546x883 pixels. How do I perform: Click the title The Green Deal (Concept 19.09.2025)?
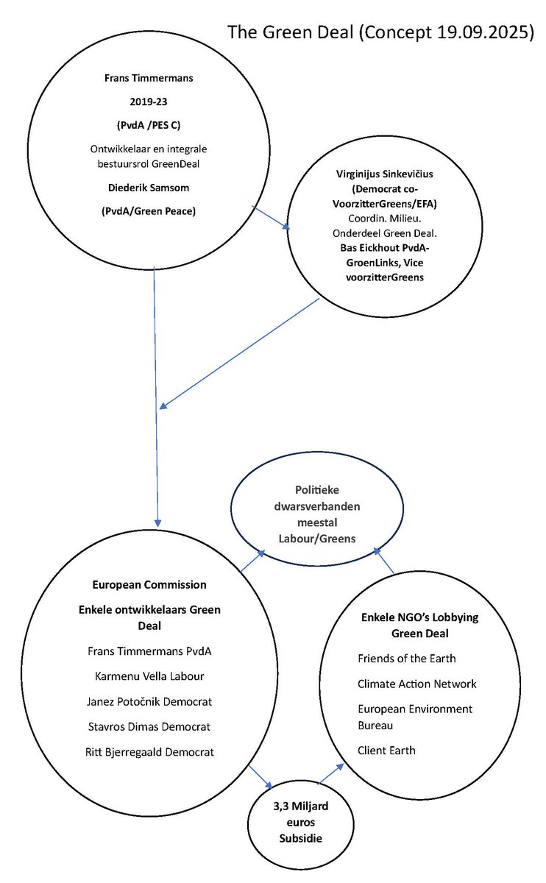(x=380, y=32)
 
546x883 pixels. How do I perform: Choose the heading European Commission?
(x=149, y=585)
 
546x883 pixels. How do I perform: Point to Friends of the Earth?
(x=406, y=658)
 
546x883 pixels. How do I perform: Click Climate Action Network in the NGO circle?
(x=416, y=684)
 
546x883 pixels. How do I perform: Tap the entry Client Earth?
(x=386, y=751)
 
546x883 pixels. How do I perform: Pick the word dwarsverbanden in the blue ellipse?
(x=313, y=508)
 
